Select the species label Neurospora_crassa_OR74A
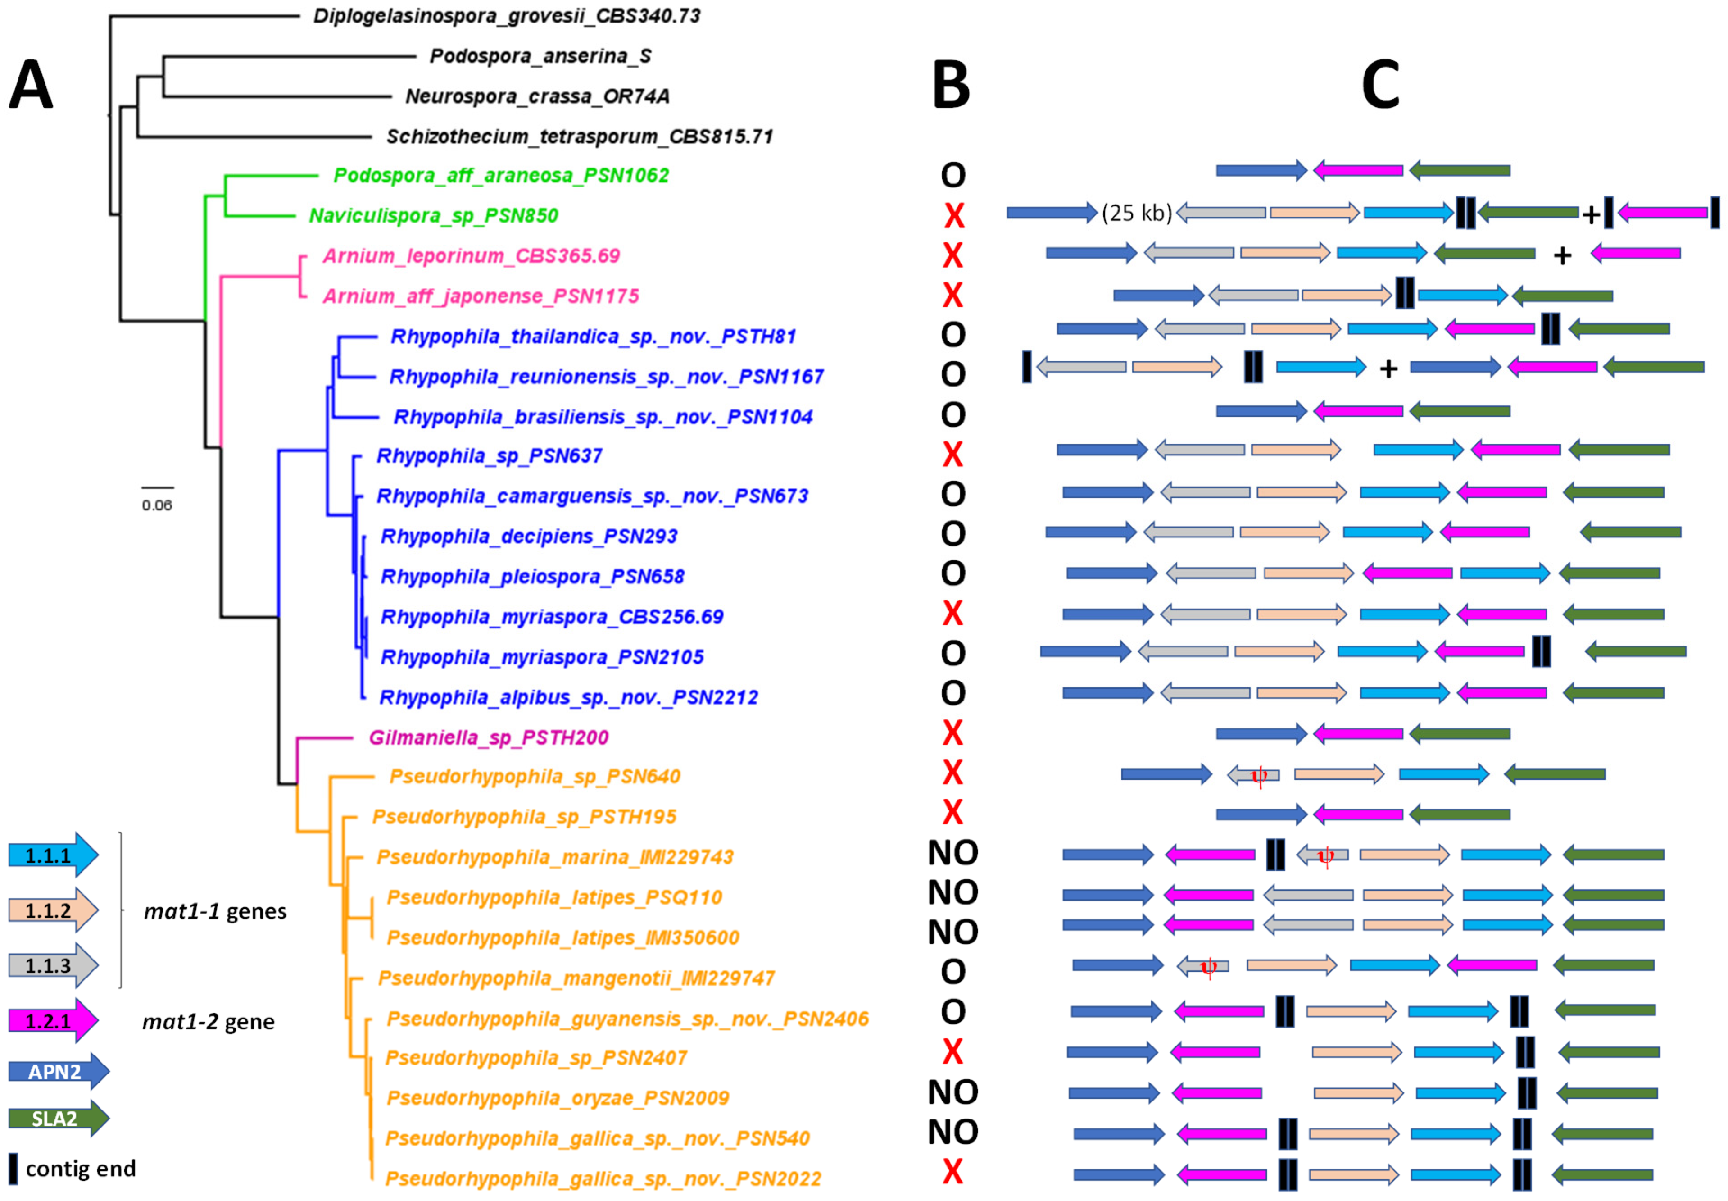[x=537, y=96]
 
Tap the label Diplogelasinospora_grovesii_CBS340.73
[x=506, y=16]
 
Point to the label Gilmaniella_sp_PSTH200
[x=488, y=737]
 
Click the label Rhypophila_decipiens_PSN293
[x=529, y=537]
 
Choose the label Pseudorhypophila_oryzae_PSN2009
[x=558, y=1098]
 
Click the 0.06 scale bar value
[x=156, y=505]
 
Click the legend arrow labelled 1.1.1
[x=53, y=855]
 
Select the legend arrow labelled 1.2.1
[x=53, y=1020]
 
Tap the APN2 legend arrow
[x=58, y=1071]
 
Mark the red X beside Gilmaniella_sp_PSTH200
[x=952, y=733]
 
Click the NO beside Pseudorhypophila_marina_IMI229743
[x=952, y=853]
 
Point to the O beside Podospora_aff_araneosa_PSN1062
[x=952, y=175]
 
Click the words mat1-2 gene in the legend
[x=209, y=1022]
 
